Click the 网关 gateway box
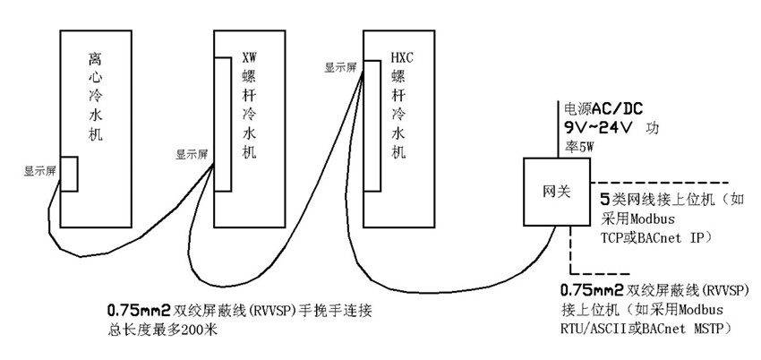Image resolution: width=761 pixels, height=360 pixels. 552,193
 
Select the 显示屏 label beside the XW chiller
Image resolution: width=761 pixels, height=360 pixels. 192,153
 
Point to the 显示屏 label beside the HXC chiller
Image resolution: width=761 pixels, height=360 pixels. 340,65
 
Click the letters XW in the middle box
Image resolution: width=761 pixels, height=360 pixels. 250,58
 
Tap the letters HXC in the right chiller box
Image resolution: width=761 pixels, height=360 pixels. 399,58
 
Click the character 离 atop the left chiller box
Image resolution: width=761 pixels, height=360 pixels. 96,60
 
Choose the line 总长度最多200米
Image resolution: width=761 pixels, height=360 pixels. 160,330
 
